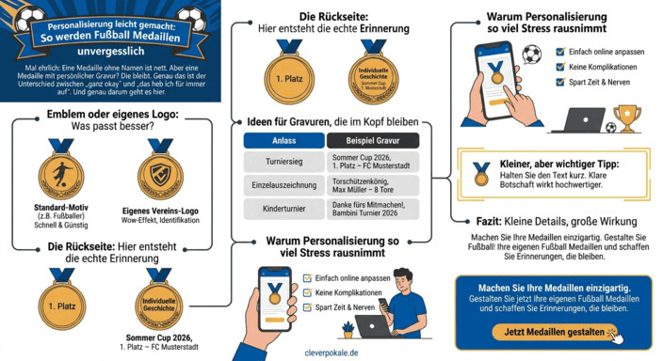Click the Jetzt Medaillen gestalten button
(556, 331)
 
